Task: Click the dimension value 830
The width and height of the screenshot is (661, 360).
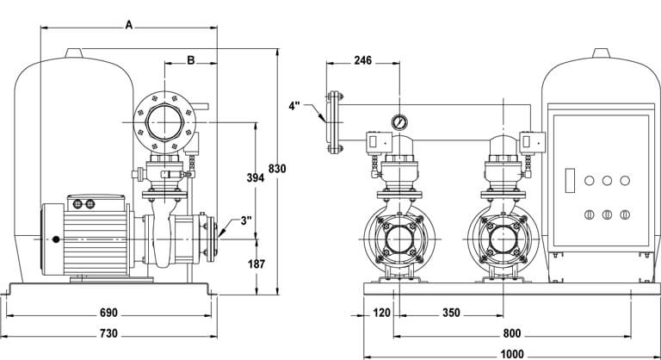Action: point(276,168)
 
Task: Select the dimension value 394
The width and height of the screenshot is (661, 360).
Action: point(254,177)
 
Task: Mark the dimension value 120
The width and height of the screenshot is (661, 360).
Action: point(382,313)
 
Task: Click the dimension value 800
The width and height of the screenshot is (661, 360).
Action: point(512,333)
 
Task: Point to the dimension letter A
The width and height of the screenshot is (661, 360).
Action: point(128,26)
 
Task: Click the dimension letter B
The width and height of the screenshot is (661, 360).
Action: point(190,60)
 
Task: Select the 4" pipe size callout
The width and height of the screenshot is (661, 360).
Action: point(295,107)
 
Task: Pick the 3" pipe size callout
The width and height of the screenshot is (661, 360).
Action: point(246,220)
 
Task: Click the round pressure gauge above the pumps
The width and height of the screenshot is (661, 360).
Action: point(398,121)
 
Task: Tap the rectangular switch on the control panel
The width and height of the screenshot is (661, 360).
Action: point(569,181)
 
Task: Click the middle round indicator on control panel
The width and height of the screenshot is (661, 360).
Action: point(606,181)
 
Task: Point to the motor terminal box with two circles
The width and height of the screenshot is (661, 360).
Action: point(84,203)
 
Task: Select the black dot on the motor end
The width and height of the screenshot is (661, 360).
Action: point(55,239)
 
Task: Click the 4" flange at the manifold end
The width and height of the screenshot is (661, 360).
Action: point(330,122)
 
